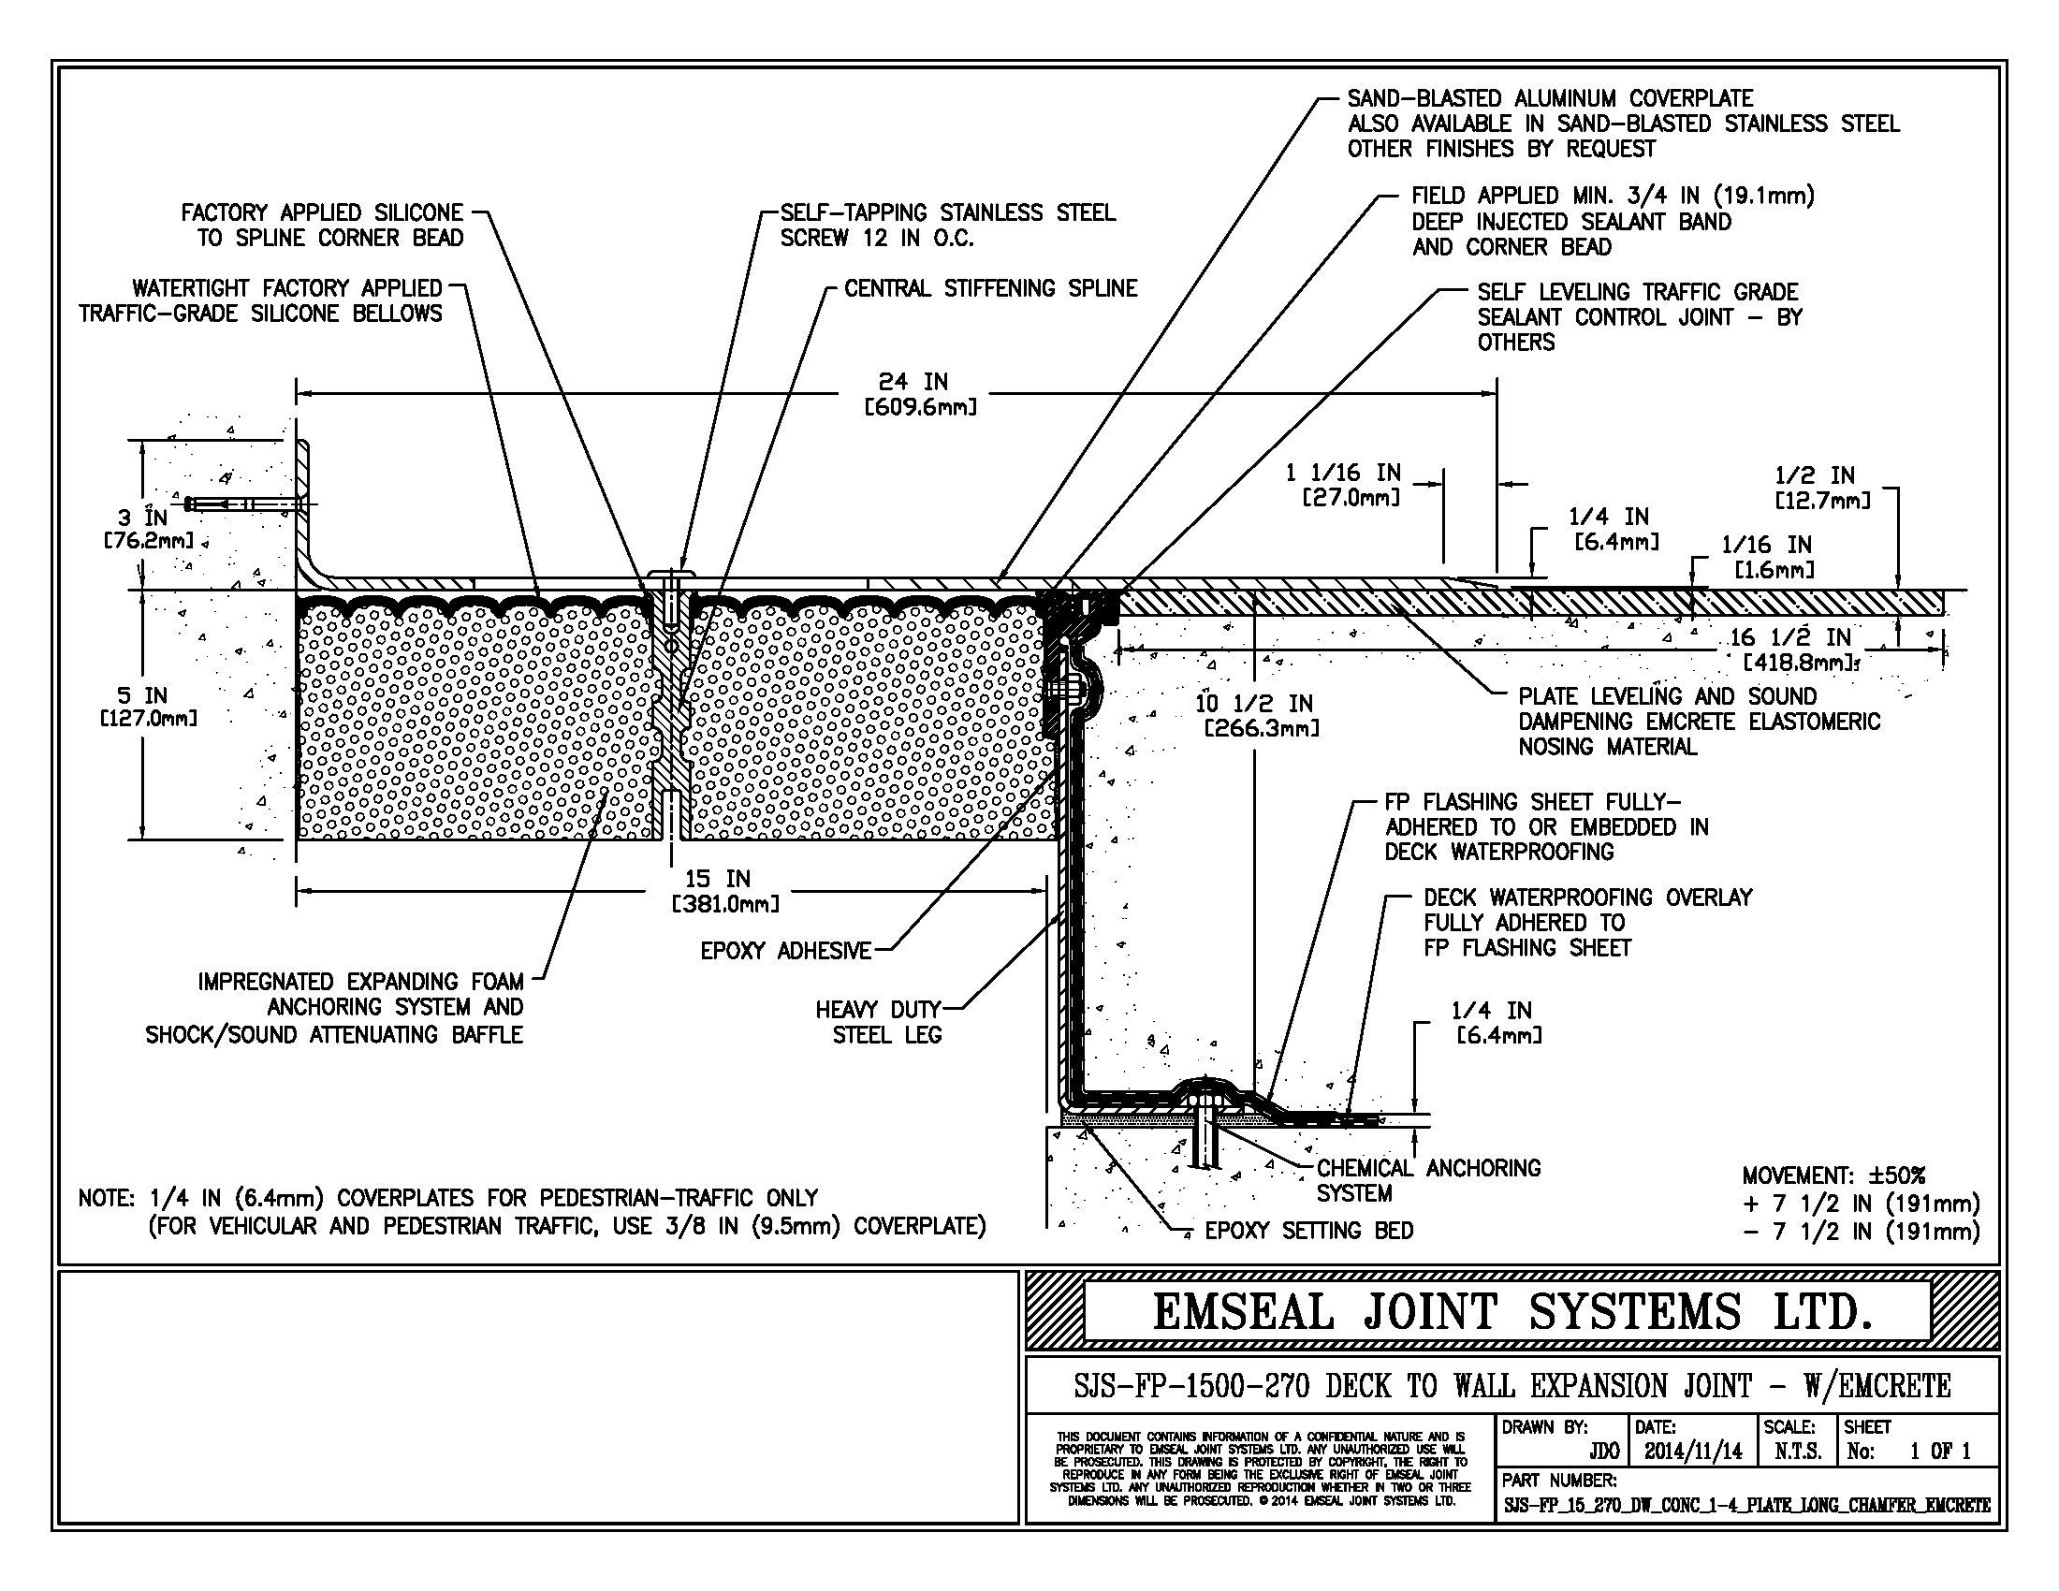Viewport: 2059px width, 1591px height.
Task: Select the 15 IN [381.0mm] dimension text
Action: (724, 892)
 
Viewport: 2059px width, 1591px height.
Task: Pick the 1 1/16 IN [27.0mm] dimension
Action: (1342, 485)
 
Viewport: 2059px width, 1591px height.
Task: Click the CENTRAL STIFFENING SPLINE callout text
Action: (990, 288)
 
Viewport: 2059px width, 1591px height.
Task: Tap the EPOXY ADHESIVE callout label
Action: (784, 951)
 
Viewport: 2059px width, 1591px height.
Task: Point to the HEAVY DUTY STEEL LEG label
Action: (878, 1023)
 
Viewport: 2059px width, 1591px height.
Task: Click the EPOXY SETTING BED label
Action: (1308, 1231)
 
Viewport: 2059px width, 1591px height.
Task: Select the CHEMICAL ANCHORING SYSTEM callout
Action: (1427, 1180)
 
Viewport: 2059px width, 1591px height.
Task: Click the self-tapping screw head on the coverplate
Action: (671, 573)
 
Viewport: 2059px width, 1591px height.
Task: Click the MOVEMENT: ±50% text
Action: (1833, 1175)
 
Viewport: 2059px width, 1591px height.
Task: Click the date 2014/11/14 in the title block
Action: (1693, 1452)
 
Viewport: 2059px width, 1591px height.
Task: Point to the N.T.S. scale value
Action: (1798, 1452)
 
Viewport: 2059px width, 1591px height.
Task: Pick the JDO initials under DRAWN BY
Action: (1603, 1452)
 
